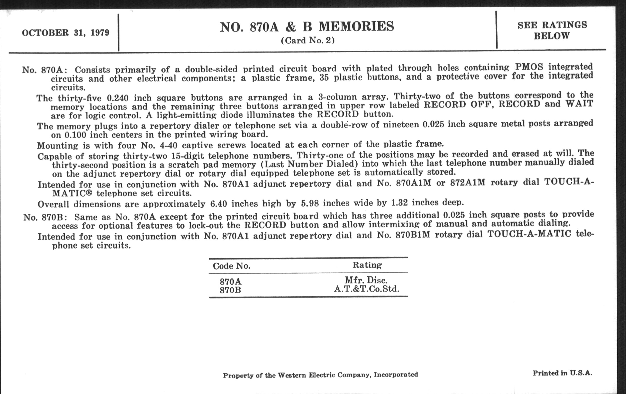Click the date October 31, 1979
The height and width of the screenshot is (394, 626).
[66, 33]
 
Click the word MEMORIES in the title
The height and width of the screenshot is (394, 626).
[356, 27]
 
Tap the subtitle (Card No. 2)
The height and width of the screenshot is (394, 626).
[308, 41]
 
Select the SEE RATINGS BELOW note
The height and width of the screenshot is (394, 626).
[552, 30]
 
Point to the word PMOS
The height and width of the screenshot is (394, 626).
[529, 67]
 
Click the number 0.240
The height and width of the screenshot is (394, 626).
[118, 98]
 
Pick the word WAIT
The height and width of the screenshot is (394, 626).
[579, 104]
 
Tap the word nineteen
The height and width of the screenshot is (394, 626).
[397, 125]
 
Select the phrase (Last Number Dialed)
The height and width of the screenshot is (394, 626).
[300, 164]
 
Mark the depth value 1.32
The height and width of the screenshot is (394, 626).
[399, 203]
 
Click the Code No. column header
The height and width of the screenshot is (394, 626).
[231, 266]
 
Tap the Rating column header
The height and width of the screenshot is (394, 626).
[367, 265]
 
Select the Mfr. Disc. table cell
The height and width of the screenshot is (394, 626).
[366, 280]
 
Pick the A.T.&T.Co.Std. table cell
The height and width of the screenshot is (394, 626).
[366, 289]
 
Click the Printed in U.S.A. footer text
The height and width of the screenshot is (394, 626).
[562, 373]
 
